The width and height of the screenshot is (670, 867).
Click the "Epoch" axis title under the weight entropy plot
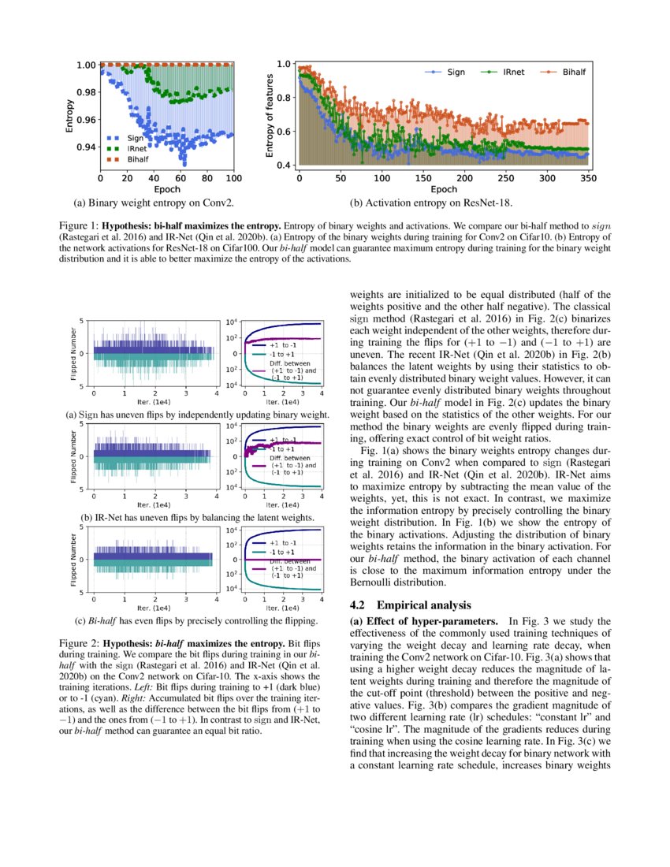(x=167, y=189)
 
